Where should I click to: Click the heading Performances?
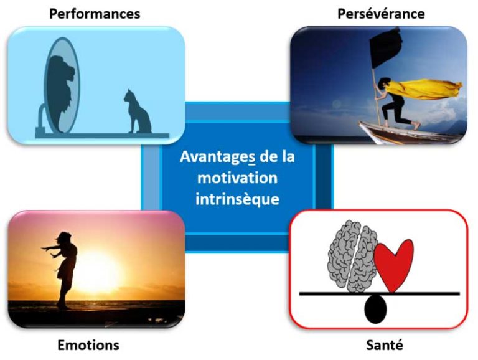tap(94, 13)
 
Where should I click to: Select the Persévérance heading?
tap(381, 13)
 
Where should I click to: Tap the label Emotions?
tap(88, 344)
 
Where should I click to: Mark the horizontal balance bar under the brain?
tap(324, 293)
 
